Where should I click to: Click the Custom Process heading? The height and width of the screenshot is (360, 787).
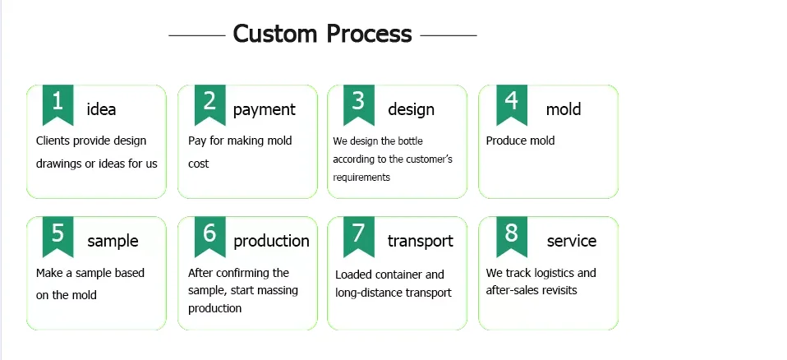[322, 35]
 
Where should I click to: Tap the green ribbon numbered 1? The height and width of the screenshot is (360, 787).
[58, 104]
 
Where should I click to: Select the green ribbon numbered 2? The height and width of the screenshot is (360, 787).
[209, 104]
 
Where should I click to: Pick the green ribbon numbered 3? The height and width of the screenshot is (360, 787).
[359, 104]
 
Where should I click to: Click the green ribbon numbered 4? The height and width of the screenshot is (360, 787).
[512, 104]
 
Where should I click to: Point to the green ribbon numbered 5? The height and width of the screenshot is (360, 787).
[58, 236]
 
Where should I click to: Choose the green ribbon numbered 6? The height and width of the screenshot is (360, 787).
[209, 236]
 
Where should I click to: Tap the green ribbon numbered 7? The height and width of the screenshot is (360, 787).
[359, 236]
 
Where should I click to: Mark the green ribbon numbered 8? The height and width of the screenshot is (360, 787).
[512, 236]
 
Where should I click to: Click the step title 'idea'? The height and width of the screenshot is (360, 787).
[101, 109]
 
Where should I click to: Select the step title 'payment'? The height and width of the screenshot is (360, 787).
[265, 110]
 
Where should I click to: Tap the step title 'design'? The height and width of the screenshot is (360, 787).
[411, 110]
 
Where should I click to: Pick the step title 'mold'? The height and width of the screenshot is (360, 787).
[564, 109]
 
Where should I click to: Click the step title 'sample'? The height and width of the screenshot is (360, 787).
[113, 242]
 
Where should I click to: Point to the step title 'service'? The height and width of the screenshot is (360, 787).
[572, 241]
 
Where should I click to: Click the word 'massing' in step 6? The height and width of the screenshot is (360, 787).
[279, 291]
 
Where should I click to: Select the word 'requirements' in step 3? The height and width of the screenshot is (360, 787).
[361, 178]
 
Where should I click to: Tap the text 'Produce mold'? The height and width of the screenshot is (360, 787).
[520, 141]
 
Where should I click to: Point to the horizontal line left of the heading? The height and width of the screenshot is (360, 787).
[197, 35]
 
